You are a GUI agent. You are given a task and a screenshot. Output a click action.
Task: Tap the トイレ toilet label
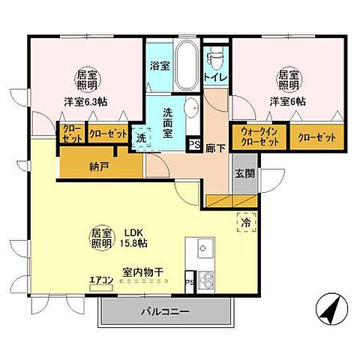click(211, 76)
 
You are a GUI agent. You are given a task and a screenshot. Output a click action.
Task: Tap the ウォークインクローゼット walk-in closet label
click(259, 137)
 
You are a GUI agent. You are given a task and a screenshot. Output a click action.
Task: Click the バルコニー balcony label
click(167, 310)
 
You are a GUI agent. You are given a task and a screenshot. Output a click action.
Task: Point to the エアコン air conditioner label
click(101, 280)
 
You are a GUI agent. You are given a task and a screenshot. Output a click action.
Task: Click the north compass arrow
click(328, 310)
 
